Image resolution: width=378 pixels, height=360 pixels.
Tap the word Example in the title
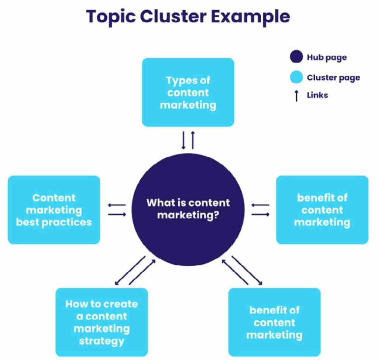click(x=251, y=17)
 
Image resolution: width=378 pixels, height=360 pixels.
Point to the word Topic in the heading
click(x=107, y=17)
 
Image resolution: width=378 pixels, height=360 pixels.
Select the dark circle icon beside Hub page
click(x=296, y=58)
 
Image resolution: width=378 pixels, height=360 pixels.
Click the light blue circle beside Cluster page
click(x=296, y=77)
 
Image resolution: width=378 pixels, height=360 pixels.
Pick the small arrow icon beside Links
click(x=296, y=96)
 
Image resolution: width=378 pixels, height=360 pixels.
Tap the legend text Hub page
click(x=327, y=58)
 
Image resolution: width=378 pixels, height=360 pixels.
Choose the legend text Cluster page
click(x=333, y=77)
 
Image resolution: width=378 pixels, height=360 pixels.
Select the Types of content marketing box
click(x=188, y=92)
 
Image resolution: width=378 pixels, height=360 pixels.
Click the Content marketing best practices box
click(x=54, y=210)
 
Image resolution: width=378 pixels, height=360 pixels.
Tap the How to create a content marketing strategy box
click(x=102, y=322)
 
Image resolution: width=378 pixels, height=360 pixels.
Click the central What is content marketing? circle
click(x=188, y=209)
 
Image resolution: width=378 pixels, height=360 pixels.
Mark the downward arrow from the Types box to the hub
click(x=183, y=140)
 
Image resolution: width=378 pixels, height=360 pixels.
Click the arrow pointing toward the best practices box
click(x=117, y=205)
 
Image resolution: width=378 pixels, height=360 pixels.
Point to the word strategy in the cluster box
click(x=102, y=340)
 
